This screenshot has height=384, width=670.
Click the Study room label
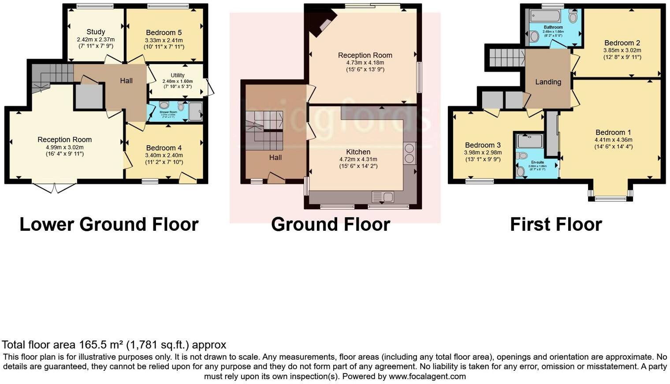pyautogui.click(x=96, y=32)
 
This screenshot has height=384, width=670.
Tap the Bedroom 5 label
pyautogui.click(x=164, y=33)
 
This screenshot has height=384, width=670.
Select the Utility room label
pyautogui.click(x=178, y=75)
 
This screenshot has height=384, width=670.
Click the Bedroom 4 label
pyautogui.click(x=164, y=148)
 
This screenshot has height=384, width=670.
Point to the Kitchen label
pyautogui.click(x=358, y=152)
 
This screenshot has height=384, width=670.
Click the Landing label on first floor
pyautogui.click(x=548, y=82)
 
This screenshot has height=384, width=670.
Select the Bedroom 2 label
pyautogui.click(x=622, y=43)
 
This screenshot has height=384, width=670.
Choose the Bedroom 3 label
pyautogui.click(x=483, y=145)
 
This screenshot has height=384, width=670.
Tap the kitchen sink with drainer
pyautogui.click(x=383, y=196)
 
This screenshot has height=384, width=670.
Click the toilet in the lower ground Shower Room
pyautogui.click(x=164, y=105)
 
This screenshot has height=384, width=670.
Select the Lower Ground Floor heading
pyautogui.click(x=109, y=224)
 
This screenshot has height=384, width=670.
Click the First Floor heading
pyautogui.click(x=556, y=224)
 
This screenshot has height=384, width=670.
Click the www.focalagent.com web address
pyautogui.click(x=426, y=377)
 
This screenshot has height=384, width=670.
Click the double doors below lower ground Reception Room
pyautogui.click(x=55, y=188)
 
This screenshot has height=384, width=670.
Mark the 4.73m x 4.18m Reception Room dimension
pyautogui.click(x=365, y=63)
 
